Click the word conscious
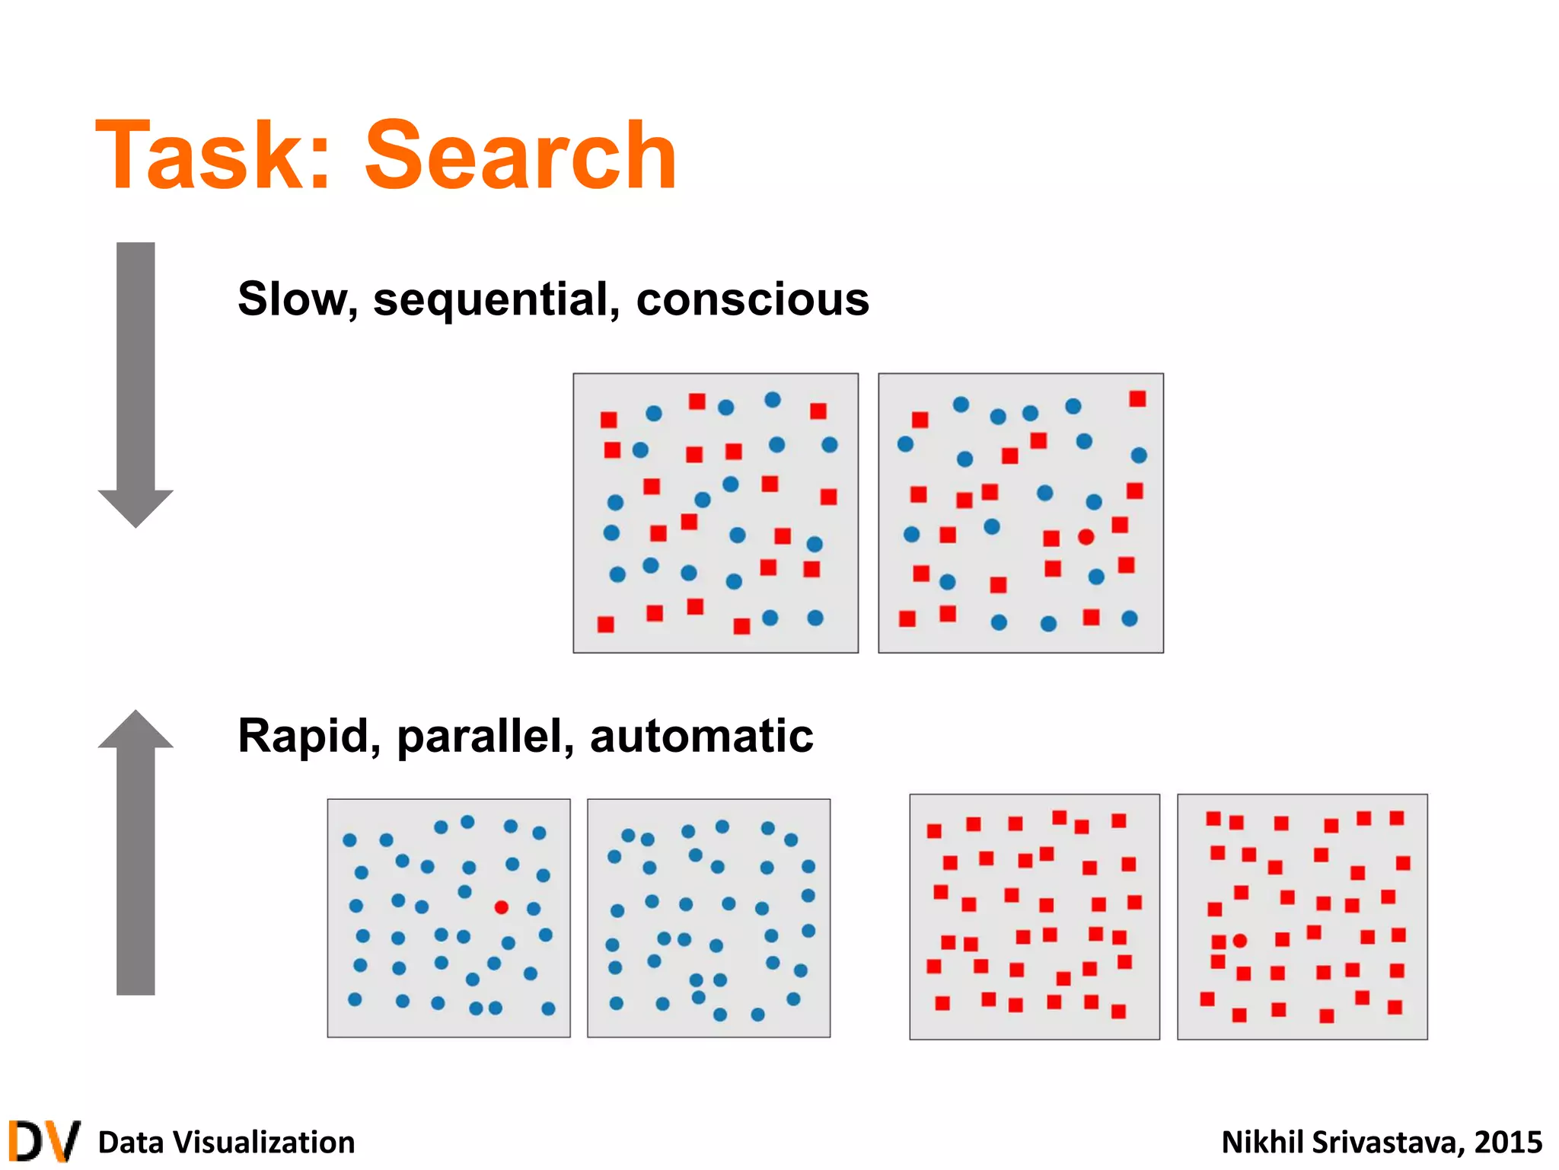click(x=752, y=299)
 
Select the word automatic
click(x=701, y=736)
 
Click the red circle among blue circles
click(x=501, y=906)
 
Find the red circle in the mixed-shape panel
click(x=1086, y=537)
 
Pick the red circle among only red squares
click(x=1239, y=941)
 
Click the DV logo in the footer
click(x=43, y=1141)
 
